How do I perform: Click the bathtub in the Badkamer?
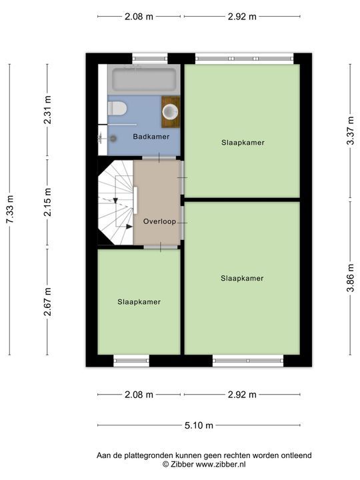click(x=144, y=79)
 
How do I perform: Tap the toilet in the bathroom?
click(x=117, y=109)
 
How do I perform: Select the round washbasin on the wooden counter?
click(x=170, y=112)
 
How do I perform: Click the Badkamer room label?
click(x=151, y=137)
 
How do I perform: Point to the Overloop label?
click(x=159, y=221)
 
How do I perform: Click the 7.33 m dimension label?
click(x=10, y=209)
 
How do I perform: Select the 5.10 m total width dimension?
click(x=199, y=425)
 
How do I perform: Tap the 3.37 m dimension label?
click(x=351, y=127)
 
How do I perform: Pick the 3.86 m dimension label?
click(x=351, y=278)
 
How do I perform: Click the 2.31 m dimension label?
click(x=48, y=110)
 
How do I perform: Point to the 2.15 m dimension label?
click(x=48, y=203)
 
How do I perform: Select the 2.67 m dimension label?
click(x=48, y=302)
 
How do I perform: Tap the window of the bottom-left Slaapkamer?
click(x=131, y=361)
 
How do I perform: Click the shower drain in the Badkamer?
click(x=113, y=139)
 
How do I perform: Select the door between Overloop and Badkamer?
click(x=159, y=158)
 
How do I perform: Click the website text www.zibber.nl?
click(x=221, y=465)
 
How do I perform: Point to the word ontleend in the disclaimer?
click(x=296, y=455)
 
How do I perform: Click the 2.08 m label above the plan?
click(x=139, y=17)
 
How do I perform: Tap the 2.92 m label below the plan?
click(x=242, y=395)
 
